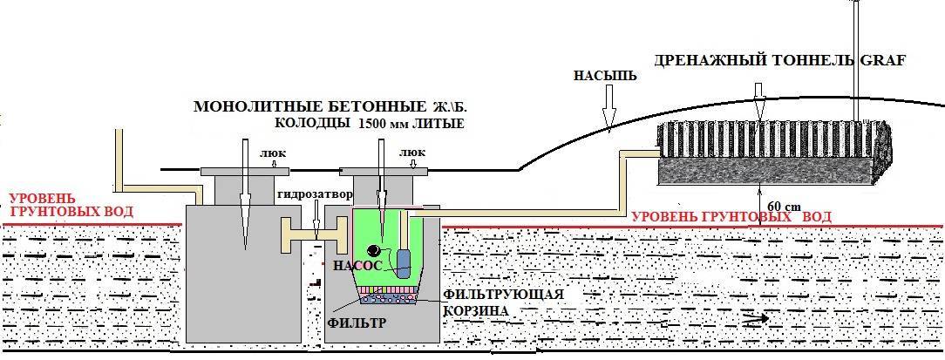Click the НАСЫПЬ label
(605, 76)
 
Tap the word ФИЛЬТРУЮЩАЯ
(503, 295)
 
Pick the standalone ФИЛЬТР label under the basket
(358, 323)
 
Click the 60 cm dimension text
(781, 206)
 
